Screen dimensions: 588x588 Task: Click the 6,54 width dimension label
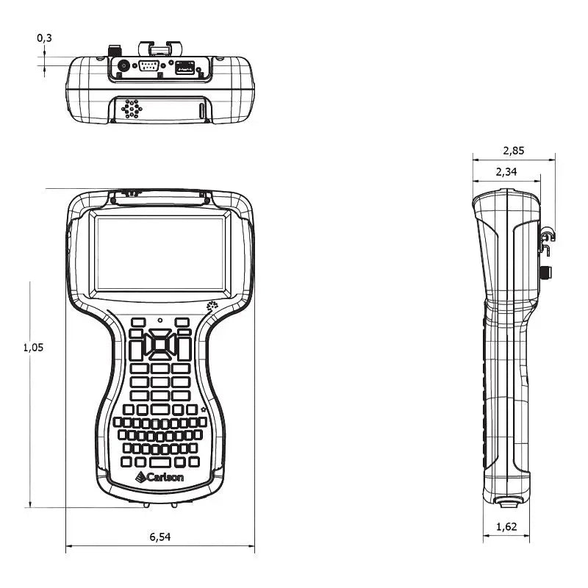160,537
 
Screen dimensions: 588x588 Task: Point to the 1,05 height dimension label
33,348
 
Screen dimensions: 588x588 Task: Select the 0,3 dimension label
44,38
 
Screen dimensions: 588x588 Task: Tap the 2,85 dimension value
513,151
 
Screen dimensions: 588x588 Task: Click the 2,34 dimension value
506,172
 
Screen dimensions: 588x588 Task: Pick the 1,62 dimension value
506,527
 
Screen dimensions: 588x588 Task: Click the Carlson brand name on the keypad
160,477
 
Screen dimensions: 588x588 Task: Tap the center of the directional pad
160,345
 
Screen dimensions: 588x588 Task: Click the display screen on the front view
160,254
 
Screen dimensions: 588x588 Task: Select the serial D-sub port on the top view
149,65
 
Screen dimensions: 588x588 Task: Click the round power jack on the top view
123,66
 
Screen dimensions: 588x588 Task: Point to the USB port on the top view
185,68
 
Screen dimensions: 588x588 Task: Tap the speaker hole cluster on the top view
132,109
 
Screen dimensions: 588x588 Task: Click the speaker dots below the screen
212,306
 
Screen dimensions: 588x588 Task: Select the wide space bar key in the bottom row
160,462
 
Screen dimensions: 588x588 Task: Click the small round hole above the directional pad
160,320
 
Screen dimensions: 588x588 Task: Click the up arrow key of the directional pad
160,334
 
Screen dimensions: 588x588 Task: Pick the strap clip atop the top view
160,49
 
